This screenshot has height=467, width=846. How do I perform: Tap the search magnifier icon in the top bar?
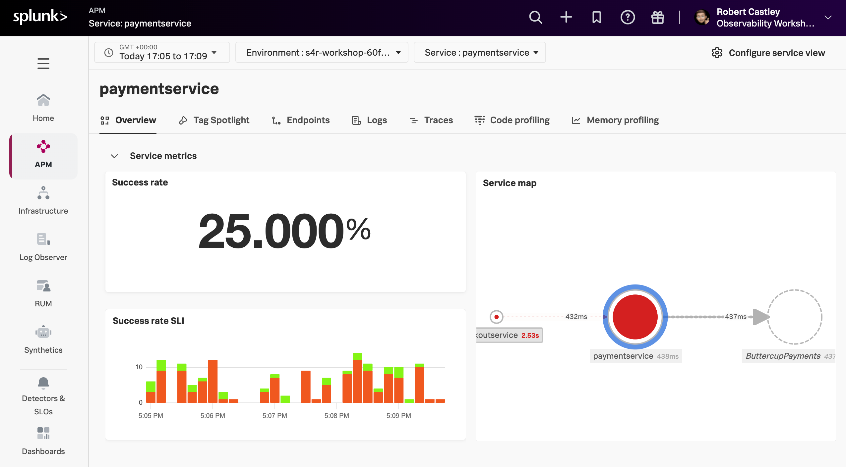[x=535, y=17]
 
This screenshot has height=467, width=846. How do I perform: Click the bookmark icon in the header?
[x=596, y=17]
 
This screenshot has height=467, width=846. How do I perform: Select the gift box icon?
[x=657, y=17]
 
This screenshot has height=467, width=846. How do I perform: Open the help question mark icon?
[x=627, y=17]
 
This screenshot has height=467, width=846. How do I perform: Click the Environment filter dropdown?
[x=322, y=52]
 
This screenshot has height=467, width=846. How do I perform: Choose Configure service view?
[x=768, y=53]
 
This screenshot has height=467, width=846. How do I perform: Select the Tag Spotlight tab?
[x=214, y=120]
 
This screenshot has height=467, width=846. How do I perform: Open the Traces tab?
[x=431, y=120]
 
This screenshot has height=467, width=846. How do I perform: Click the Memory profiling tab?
[x=616, y=120]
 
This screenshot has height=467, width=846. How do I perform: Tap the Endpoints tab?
[x=301, y=120]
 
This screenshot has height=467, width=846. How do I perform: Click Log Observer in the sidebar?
[x=43, y=247]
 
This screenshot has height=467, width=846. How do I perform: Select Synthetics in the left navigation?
[x=43, y=339]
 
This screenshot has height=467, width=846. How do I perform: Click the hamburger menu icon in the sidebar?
[x=43, y=63]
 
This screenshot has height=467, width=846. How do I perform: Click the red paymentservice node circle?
[x=635, y=317]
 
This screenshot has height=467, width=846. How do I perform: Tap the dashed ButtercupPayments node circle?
[x=795, y=317]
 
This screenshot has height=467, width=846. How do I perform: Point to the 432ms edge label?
[x=576, y=317]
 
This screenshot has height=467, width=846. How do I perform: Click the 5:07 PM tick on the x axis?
[x=274, y=415]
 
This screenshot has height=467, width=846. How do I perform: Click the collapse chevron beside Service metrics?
[x=114, y=156]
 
